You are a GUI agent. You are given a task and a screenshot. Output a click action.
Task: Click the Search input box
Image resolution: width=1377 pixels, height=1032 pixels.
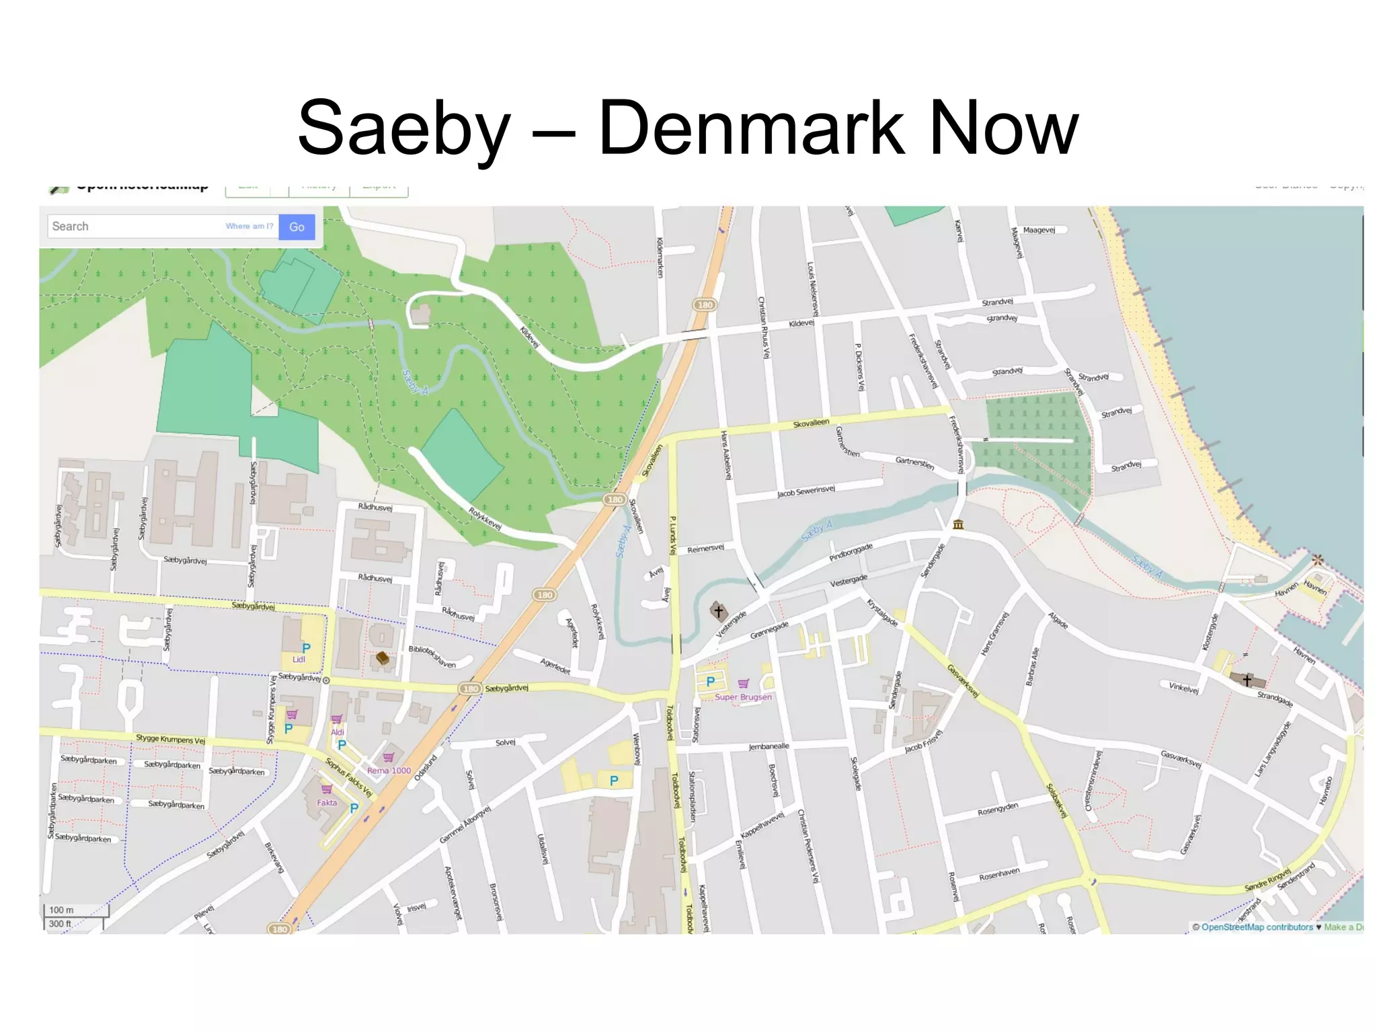click(134, 227)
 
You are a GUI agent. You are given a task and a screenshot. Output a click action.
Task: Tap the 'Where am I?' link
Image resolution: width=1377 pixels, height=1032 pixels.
click(249, 227)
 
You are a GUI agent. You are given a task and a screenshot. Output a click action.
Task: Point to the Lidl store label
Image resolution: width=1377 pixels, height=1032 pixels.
click(299, 660)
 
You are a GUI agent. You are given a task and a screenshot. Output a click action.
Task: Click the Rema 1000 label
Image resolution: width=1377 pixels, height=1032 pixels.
click(389, 770)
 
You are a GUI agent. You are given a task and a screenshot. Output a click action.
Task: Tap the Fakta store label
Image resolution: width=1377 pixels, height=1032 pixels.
click(327, 803)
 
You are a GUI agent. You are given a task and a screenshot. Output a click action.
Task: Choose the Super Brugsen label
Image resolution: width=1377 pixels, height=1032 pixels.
click(743, 697)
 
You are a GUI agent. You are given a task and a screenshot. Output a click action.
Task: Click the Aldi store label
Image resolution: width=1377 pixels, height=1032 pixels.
click(338, 732)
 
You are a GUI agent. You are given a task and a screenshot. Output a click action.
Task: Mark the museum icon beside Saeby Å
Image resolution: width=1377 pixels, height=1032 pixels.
click(958, 524)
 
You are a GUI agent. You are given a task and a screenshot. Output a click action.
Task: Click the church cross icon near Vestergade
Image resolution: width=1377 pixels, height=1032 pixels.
click(719, 612)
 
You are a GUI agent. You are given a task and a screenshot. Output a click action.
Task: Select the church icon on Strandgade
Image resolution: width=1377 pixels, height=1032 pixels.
click(1247, 680)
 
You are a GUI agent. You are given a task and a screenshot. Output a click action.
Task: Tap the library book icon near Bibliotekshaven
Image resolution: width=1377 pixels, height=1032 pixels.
click(383, 658)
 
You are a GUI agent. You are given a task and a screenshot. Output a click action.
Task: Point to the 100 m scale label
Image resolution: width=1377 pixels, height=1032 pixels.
click(61, 910)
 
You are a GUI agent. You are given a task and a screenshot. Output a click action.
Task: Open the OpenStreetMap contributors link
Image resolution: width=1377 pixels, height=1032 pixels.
click(1257, 927)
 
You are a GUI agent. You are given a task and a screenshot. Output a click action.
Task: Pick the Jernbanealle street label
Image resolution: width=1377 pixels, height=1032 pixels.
click(769, 747)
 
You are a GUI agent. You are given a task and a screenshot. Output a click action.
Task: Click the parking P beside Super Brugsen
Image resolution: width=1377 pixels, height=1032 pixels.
click(710, 682)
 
